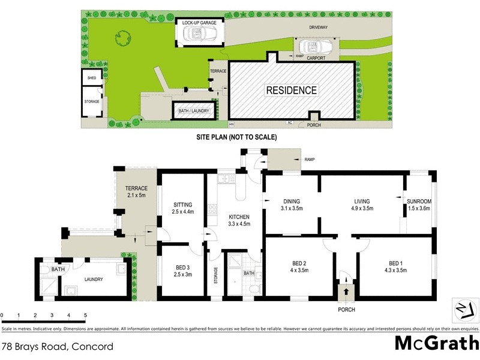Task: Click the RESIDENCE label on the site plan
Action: (292, 91)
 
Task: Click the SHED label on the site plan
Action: (91, 78)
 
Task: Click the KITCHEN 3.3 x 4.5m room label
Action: (239, 220)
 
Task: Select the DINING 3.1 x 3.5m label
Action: (292, 205)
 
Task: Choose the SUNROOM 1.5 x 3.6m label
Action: (418, 205)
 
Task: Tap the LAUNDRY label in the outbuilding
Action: (94, 279)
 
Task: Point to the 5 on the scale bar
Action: (85, 315)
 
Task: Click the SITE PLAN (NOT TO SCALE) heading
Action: (236, 137)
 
